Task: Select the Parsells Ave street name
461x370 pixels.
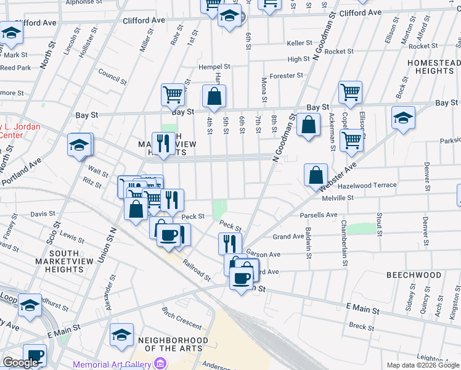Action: click(319, 215)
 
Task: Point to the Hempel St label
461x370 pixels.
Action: click(214, 67)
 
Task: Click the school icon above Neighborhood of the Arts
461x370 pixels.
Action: click(121, 334)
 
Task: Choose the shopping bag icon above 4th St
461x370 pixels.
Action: click(214, 96)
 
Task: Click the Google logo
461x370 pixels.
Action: click(20, 363)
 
